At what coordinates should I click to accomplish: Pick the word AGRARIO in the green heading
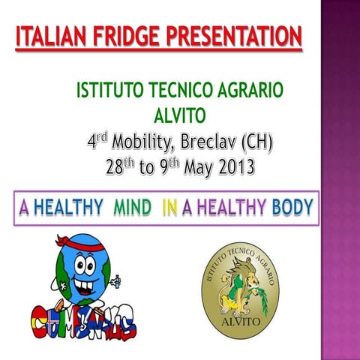click(x=247, y=91)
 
